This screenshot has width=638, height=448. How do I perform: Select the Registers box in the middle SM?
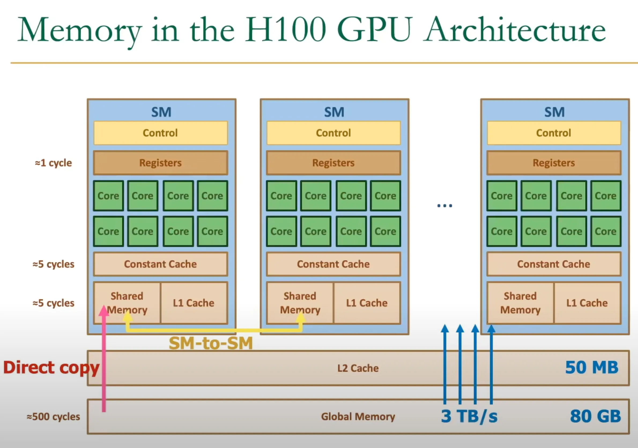[333, 163]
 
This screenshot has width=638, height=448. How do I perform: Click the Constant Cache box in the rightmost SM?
[554, 264]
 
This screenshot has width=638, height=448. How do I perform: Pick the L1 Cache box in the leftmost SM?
[194, 303]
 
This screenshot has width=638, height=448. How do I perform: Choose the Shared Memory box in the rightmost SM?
[520, 303]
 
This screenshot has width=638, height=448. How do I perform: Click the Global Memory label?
[358, 416]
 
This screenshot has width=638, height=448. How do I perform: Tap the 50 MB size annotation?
[592, 367]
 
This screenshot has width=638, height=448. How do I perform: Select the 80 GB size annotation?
[595, 416]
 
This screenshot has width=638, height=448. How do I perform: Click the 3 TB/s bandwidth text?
[469, 416]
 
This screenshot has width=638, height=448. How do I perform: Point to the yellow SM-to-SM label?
[211, 343]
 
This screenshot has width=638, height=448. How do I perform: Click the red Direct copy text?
[51, 367]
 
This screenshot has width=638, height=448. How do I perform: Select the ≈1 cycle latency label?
[53, 163]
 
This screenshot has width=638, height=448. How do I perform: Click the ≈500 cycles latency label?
[53, 417]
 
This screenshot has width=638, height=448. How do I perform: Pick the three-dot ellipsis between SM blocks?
[445, 206]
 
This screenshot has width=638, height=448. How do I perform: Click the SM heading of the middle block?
[334, 112]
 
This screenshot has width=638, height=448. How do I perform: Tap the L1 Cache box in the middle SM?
[366, 303]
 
